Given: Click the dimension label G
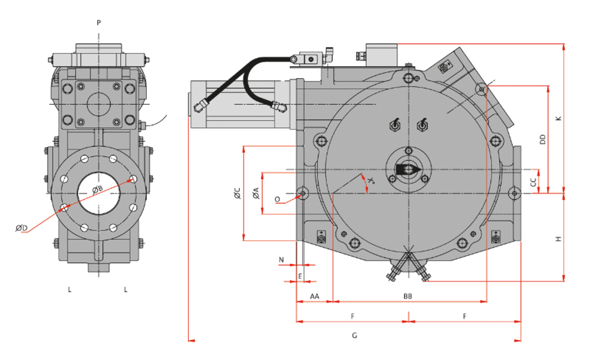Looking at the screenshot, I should pyautogui.click(x=354, y=336).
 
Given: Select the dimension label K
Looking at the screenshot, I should pyautogui.click(x=558, y=118).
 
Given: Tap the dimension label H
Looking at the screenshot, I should pyautogui.click(x=558, y=239).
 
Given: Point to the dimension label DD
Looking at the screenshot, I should pyautogui.click(x=542, y=140).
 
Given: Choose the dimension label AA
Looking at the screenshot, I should pyautogui.click(x=314, y=295).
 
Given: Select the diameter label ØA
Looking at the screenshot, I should pyautogui.click(x=256, y=193).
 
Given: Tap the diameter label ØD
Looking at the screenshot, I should pyautogui.click(x=21, y=229).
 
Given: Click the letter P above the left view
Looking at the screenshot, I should pyautogui.click(x=99, y=22).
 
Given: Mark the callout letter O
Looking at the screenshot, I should pyautogui.click(x=277, y=200).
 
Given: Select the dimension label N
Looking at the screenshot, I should pyautogui.click(x=282, y=259).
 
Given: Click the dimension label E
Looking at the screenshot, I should pyautogui.click(x=300, y=275).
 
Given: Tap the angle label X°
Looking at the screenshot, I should pyautogui.click(x=371, y=179).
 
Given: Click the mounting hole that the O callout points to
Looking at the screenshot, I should pyautogui.click(x=303, y=193).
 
